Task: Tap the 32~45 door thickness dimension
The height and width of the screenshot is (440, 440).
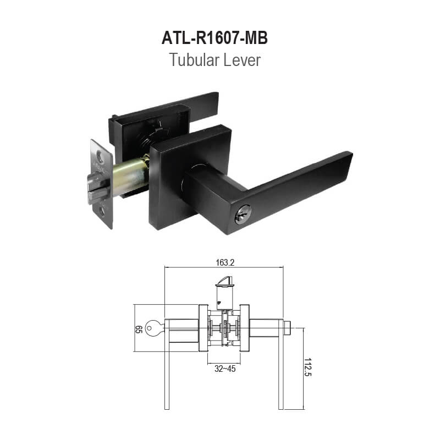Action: pos(225,369)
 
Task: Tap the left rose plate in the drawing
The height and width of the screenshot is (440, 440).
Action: pos(202,329)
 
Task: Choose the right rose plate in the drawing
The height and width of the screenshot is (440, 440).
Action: pos(247,329)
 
